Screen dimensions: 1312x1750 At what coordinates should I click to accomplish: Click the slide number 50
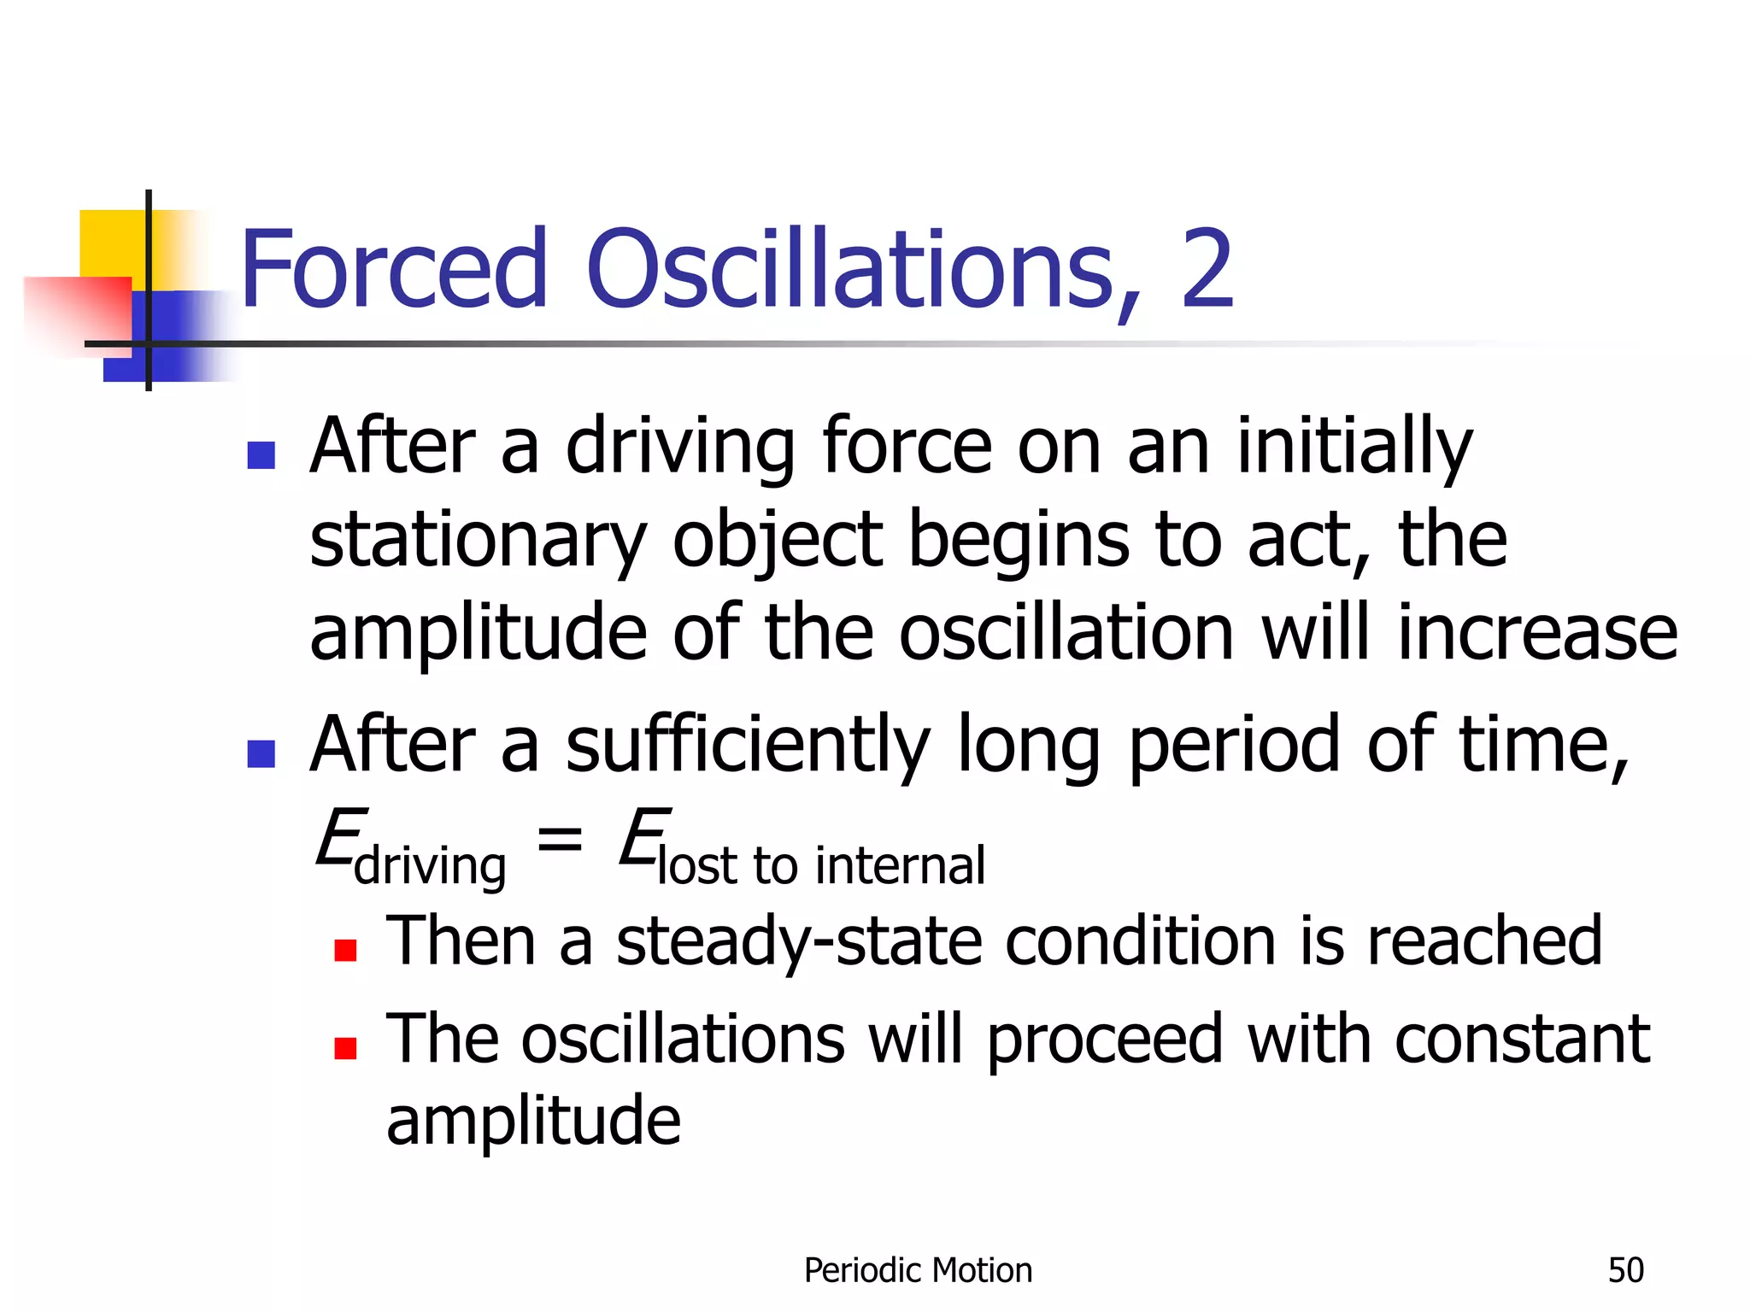pyautogui.click(x=1625, y=1271)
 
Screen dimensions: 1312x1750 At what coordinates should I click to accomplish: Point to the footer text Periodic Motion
pyautogui.click(x=918, y=1271)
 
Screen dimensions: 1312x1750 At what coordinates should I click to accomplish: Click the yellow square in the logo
pyautogui.click(x=111, y=243)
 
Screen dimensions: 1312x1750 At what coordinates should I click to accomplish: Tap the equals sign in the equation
pyautogui.click(x=560, y=839)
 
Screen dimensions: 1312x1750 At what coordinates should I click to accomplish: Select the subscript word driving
pyautogui.click(x=430, y=866)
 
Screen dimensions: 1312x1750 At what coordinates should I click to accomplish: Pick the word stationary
pyautogui.click(x=477, y=542)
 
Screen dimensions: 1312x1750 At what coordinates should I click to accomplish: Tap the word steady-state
pyautogui.click(x=799, y=942)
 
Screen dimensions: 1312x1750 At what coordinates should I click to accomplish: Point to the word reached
pyautogui.click(x=1484, y=940)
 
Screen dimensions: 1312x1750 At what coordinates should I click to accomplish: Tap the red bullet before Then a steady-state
pyautogui.click(x=345, y=950)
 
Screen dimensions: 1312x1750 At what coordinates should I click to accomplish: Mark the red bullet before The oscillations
pyautogui.click(x=345, y=1048)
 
